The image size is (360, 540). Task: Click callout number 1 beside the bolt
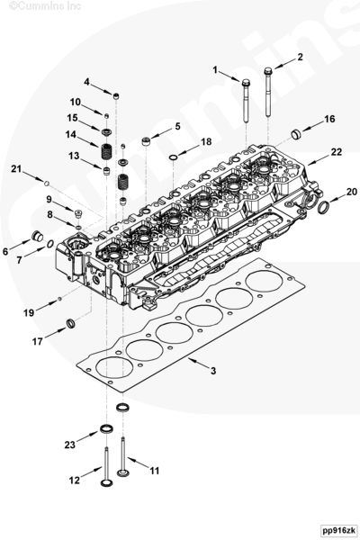(x=215, y=70)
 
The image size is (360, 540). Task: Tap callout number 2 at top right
(x=300, y=57)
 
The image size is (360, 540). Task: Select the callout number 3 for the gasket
(x=213, y=371)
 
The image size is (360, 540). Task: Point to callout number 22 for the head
(x=336, y=152)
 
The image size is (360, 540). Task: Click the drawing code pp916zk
(x=337, y=530)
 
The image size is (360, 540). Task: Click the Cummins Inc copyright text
(x=45, y=5)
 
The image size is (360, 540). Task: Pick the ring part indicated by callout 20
(x=323, y=207)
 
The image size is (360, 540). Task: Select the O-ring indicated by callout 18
(x=174, y=158)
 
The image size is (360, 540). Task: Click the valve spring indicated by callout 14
(x=107, y=151)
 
